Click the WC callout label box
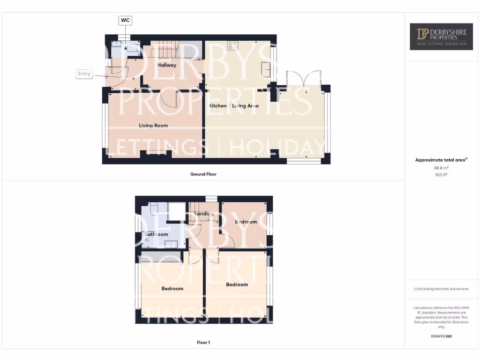click(125, 20)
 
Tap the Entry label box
click(84, 74)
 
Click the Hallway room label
click(167, 65)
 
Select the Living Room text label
click(153, 126)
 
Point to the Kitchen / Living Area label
click(234, 106)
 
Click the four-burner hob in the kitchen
click(232, 45)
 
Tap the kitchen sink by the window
click(266, 69)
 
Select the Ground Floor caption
click(203, 174)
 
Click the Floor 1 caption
click(203, 343)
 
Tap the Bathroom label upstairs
click(156, 234)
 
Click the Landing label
click(205, 214)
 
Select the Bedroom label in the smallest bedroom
click(246, 222)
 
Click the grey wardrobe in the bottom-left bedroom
click(162, 257)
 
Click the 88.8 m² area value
click(441, 167)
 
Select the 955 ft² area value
click(441, 174)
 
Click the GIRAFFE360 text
click(441, 336)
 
